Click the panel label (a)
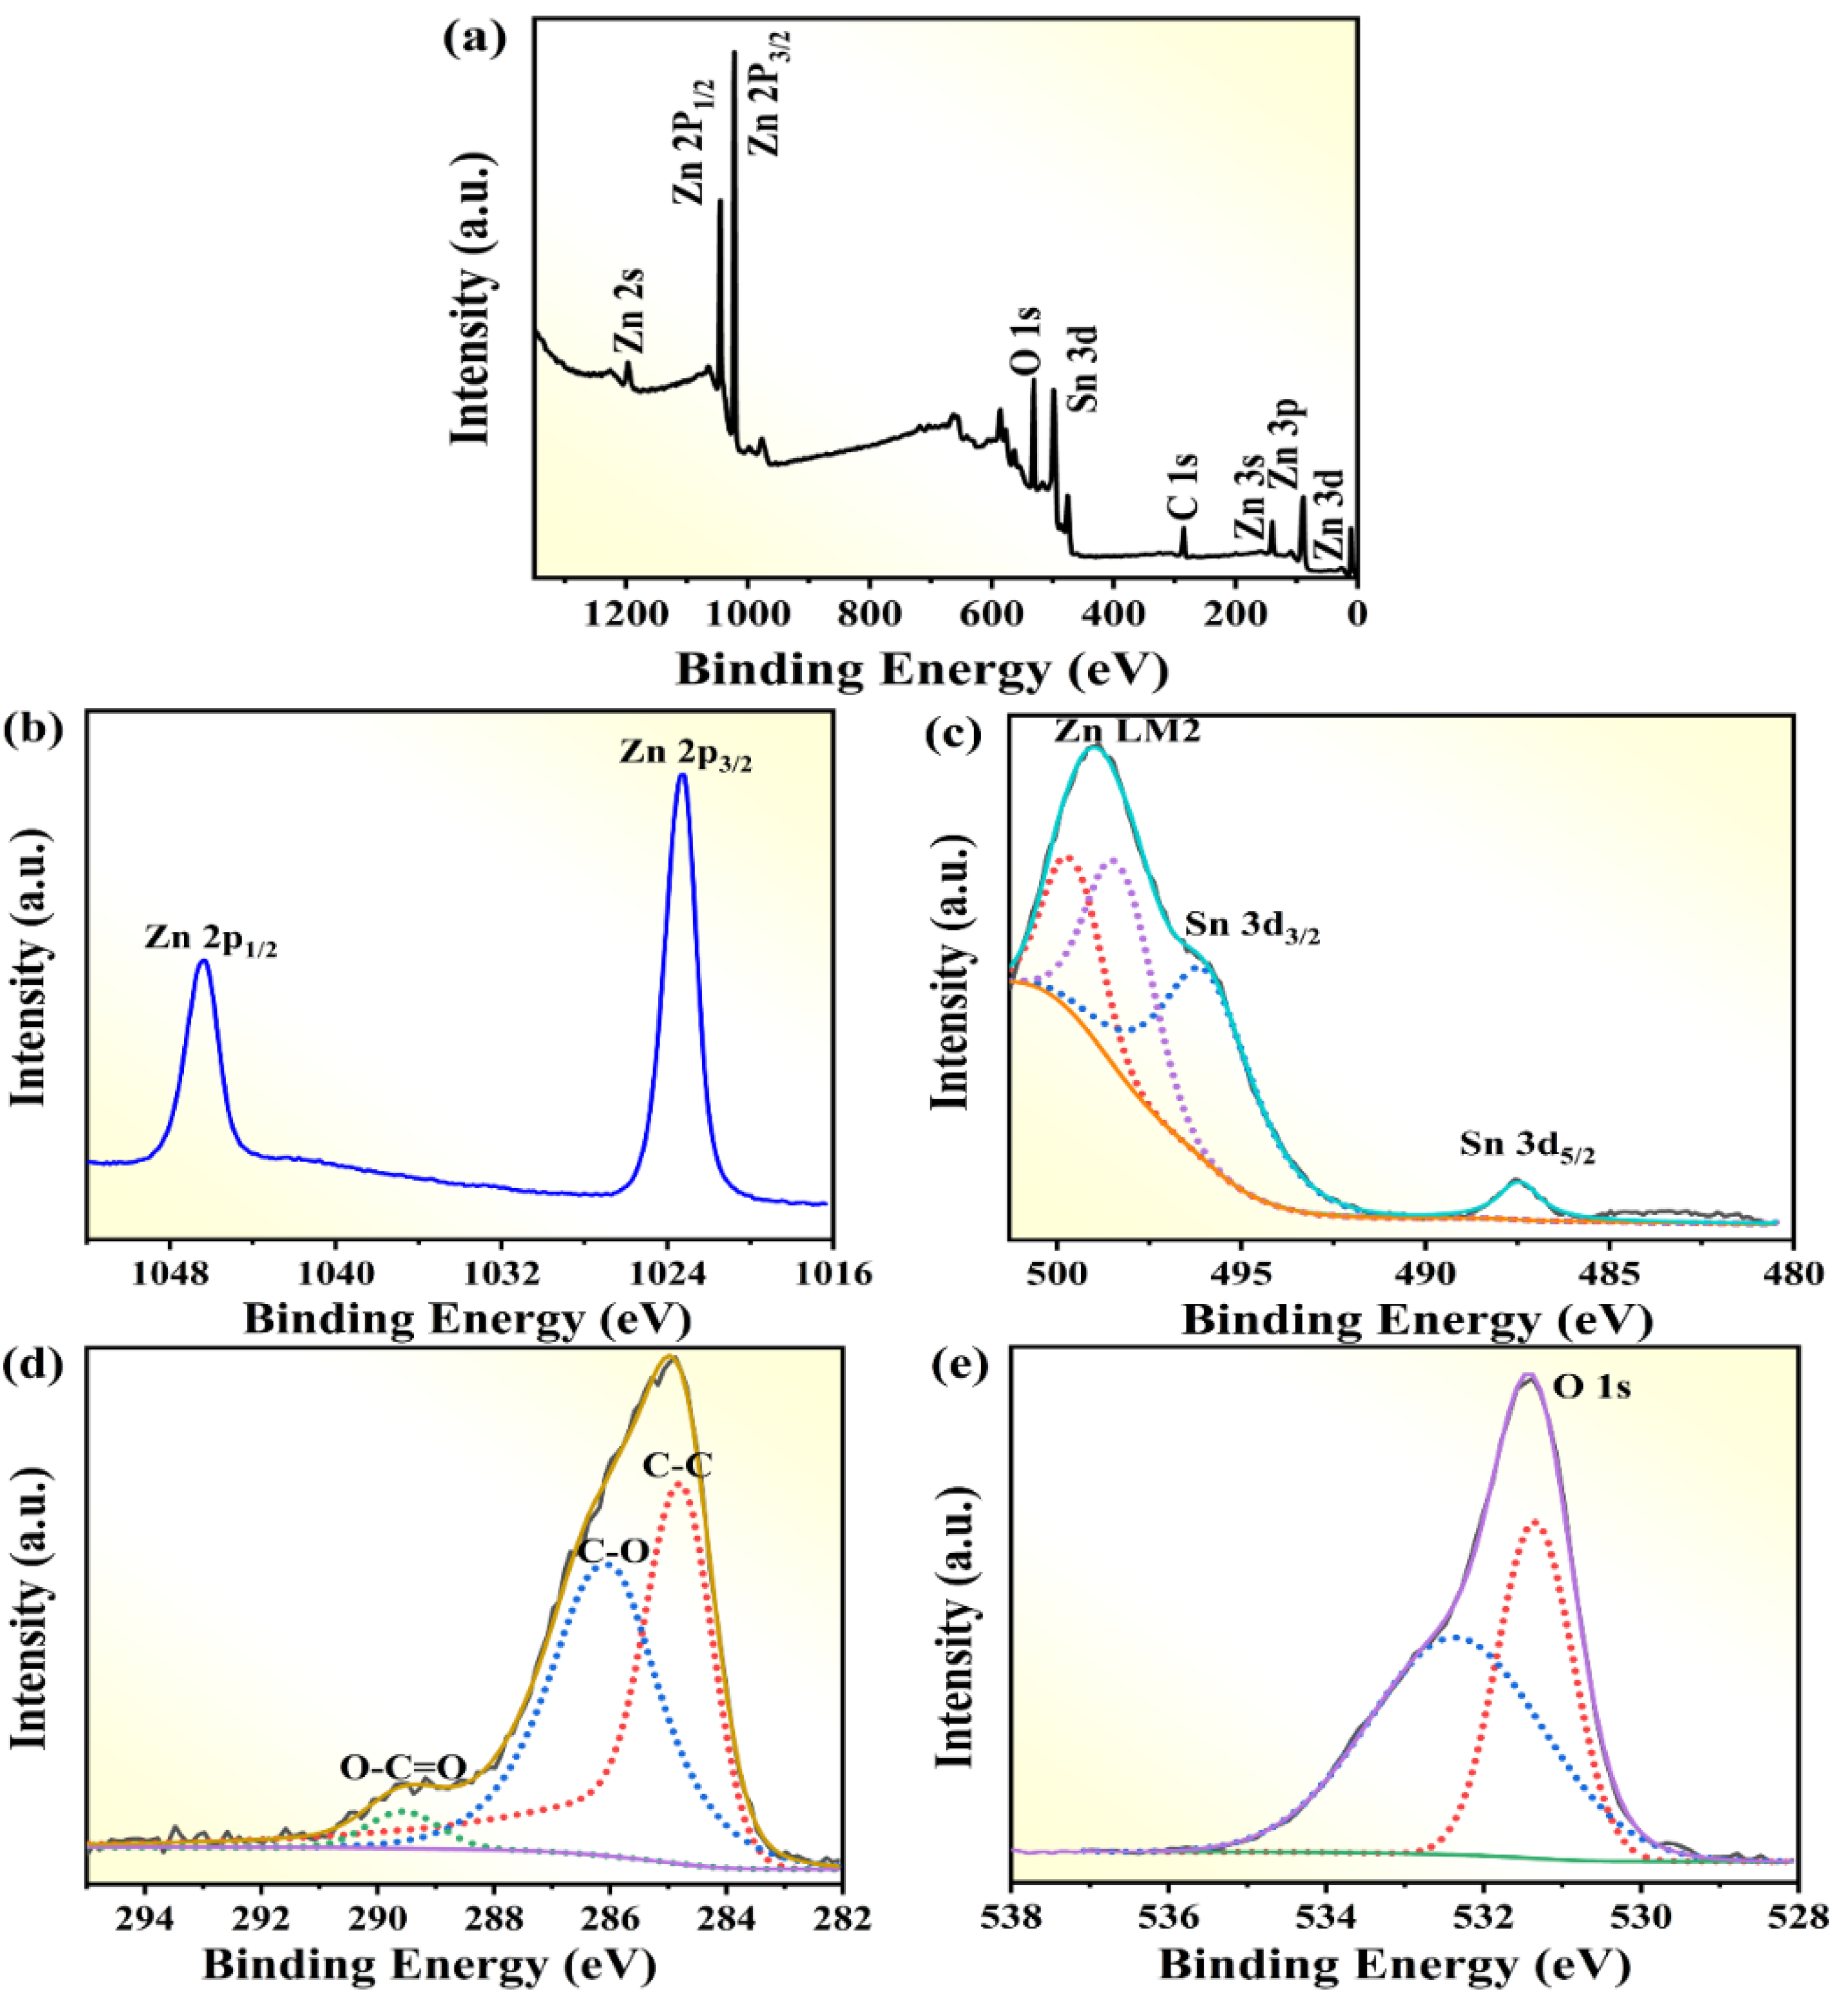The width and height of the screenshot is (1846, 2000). [x=475, y=40]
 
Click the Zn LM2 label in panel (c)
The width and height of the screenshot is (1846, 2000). [x=1127, y=731]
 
